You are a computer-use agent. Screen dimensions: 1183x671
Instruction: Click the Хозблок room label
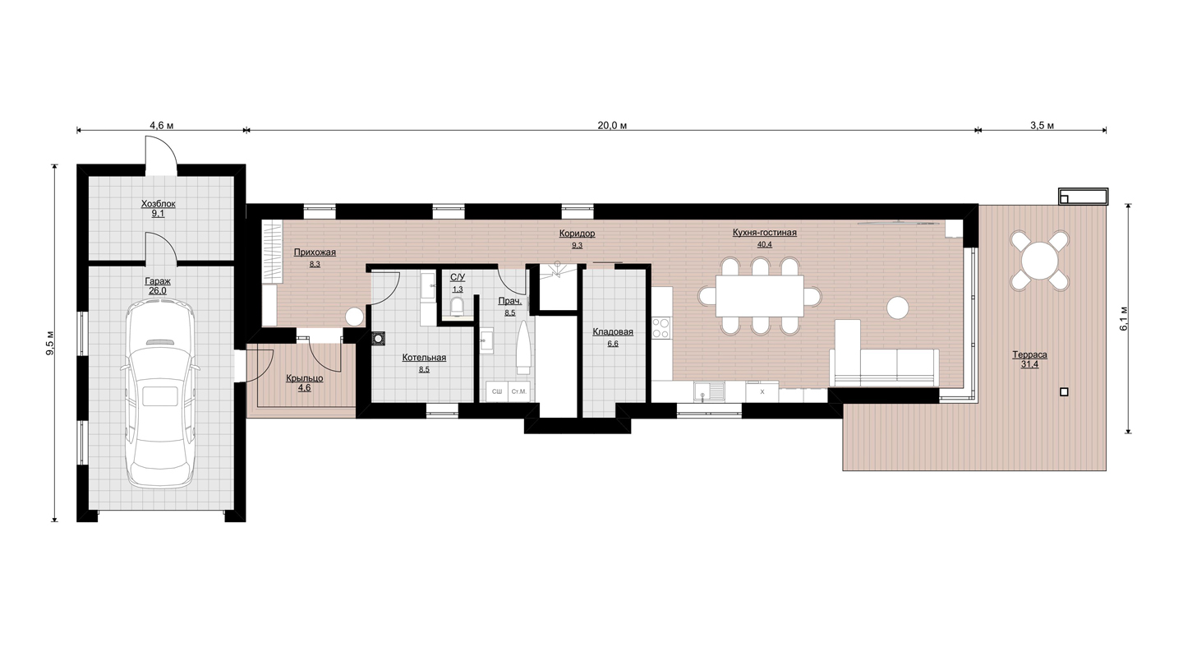tap(158, 204)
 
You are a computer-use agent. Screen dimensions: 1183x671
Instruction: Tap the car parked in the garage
tap(160, 392)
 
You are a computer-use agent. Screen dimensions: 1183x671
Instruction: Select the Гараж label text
tap(158, 281)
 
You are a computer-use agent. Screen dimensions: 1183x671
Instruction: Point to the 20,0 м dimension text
tap(612, 125)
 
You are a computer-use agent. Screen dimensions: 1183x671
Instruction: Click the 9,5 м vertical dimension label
tap(50, 343)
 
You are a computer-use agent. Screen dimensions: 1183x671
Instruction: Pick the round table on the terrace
tap(1039, 260)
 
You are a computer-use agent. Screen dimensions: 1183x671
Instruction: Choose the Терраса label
tap(1030, 354)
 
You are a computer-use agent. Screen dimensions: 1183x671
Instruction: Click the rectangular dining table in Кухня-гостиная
tap(759, 295)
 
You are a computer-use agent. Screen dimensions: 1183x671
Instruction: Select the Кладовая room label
tap(613, 332)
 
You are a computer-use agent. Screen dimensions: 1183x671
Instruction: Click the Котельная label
tap(424, 358)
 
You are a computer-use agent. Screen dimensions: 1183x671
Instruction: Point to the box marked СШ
tap(497, 391)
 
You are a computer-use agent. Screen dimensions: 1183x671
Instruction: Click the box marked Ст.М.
tap(518, 391)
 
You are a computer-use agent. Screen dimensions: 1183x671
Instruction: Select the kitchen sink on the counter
tap(709, 391)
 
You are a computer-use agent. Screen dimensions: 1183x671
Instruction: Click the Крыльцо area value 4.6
tap(304, 388)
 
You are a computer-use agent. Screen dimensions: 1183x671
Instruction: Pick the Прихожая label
tap(315, 252)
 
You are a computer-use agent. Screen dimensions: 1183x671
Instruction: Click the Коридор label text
tap(578, 234)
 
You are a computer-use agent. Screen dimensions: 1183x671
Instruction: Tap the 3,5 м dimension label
tap(1042, 125)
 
